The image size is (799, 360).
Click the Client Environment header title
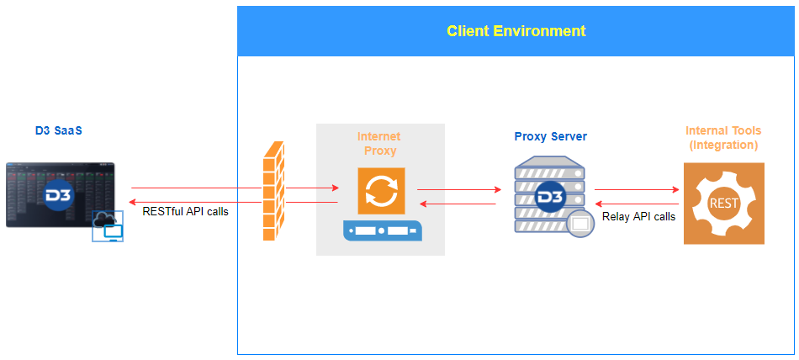click(516, 31)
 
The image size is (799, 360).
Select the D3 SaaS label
click(59, 130)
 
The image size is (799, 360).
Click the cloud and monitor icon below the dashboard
click(108, 225)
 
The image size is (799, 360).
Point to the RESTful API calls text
click(185, 211)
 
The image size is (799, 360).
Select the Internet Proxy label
click(378, 143)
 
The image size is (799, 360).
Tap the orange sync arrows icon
click(381, 191)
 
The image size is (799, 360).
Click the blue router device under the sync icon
click(380, 232)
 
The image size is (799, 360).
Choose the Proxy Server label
click(551, 136)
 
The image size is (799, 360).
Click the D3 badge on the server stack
click(550, 195)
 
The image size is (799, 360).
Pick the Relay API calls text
click(638, 216)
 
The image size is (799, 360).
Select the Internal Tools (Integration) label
click(722, 138)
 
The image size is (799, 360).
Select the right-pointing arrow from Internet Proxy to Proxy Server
click(456, 190)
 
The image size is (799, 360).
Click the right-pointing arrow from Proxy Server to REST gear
click(637, 189)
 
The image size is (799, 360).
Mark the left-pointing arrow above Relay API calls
click(637, 204)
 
